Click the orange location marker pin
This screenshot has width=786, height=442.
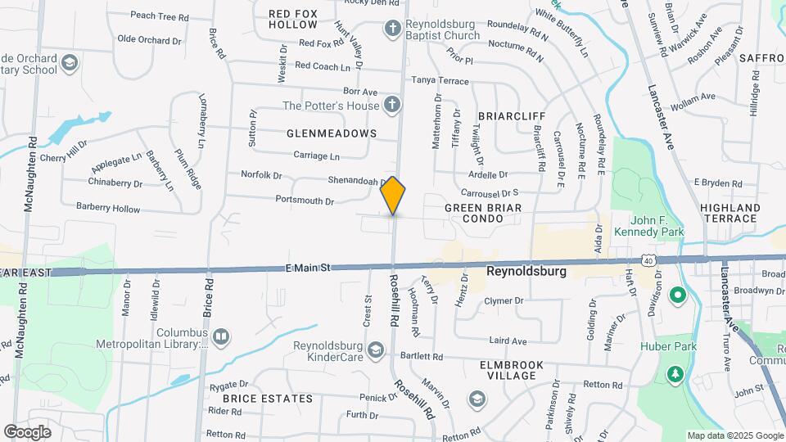point(393,196)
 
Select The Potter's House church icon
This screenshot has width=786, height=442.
point(392,105)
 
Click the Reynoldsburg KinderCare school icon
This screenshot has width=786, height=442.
point(376,350)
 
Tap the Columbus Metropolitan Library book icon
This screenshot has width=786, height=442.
point(221,337)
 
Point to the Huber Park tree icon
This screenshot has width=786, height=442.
point(675,374)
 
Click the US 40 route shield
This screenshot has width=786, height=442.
point(648,260)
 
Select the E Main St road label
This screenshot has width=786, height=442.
point(308,267)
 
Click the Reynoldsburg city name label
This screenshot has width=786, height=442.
point(526,270)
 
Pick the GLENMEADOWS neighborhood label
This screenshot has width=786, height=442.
point(332,133)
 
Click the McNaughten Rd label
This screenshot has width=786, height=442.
point(29,174)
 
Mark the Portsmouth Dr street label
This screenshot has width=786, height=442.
point(305,201)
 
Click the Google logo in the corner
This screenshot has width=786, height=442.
point(27,431)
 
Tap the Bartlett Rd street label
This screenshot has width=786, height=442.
point(422,357)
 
